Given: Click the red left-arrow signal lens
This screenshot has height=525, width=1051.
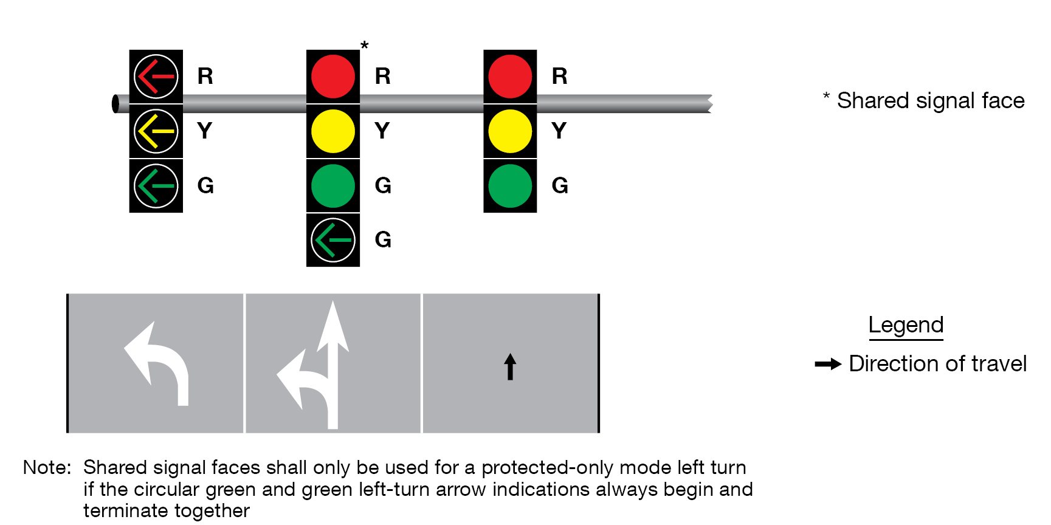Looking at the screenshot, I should pos(156,77).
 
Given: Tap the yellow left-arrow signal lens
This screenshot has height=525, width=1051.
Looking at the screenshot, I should pos(156,131).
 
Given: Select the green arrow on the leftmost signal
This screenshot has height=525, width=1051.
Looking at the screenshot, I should pos(156,186).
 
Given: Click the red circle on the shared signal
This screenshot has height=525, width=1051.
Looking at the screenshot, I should pos(333,77).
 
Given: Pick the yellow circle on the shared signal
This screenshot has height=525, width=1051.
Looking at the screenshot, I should pos(333,131).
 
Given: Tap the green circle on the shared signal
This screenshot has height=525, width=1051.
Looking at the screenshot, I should pos(333,186).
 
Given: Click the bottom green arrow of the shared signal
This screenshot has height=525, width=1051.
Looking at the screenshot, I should pos(333,240).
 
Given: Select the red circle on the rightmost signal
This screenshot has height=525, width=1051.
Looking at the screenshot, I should pos(510,77).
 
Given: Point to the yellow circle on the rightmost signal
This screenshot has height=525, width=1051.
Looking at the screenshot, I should pos(510,131).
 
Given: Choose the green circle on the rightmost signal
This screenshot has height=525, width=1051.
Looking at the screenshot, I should pos(510,186).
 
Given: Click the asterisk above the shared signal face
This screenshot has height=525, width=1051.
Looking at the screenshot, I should pos(364,46).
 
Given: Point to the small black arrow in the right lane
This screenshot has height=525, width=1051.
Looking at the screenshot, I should pos(510,367).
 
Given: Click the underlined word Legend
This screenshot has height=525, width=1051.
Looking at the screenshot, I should pos(906,325).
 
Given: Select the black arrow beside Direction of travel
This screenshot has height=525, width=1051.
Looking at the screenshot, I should pos(828,364).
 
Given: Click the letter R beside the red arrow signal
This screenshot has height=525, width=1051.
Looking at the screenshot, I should pos(205,77).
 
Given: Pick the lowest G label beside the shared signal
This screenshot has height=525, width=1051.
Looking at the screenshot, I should pos(383,240).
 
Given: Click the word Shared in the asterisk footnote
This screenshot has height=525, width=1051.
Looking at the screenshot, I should pos(873,101).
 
